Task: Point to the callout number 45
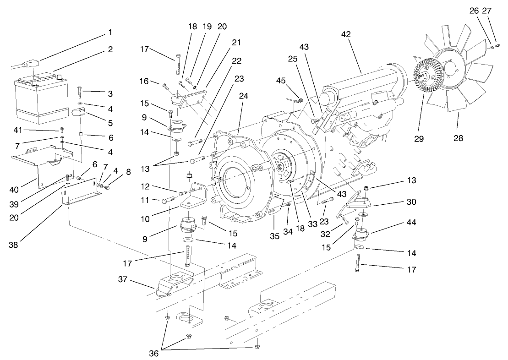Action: (280, 81)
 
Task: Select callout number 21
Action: (236, 43)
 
